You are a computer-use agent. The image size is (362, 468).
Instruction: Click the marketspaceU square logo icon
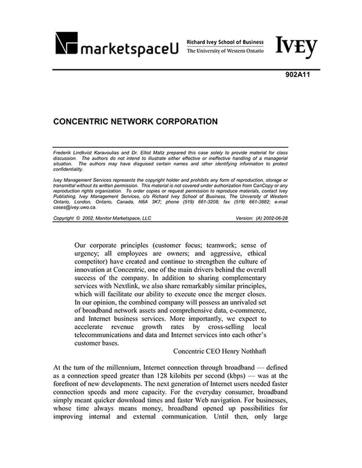(67, 44)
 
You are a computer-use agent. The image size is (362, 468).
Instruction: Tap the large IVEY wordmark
(296, 45)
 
